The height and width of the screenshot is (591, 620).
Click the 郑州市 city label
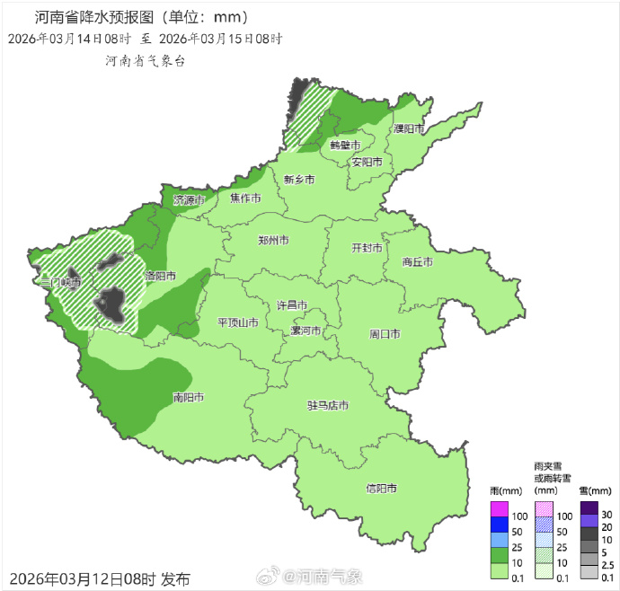pyautogui.click(x=273, y=241)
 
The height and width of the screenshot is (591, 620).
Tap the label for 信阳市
pyautogui.click(x=381, y=489)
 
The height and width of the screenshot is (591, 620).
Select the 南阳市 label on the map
pyautogui.click(x=188, y=397)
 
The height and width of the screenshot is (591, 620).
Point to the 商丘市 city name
pyautogui.click(x=417, y=262)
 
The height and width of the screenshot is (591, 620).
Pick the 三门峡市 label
pyautogui.click(x=61, y=282)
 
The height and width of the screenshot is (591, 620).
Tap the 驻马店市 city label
pyautogui.click(x=327, y=406)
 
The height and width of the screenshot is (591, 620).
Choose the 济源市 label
pyautogui.click(x=190, y=200)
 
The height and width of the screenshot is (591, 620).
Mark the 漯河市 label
pyautogui.click(x=306, y=331)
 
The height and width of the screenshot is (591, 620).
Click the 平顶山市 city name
pyautogui.click(x=238, y=322)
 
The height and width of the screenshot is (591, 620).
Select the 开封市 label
pyautogui.click(x=367, y=248)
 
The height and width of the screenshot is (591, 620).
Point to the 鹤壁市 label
pyautogui.click(x=345, y=145)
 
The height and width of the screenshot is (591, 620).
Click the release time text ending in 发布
pyautogui.click(x=100, y=578)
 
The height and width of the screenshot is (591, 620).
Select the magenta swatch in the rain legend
pyautogui.click(x=500, y=509)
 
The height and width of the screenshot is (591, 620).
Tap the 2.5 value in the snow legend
pyautogui.click(x=607, y=564)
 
